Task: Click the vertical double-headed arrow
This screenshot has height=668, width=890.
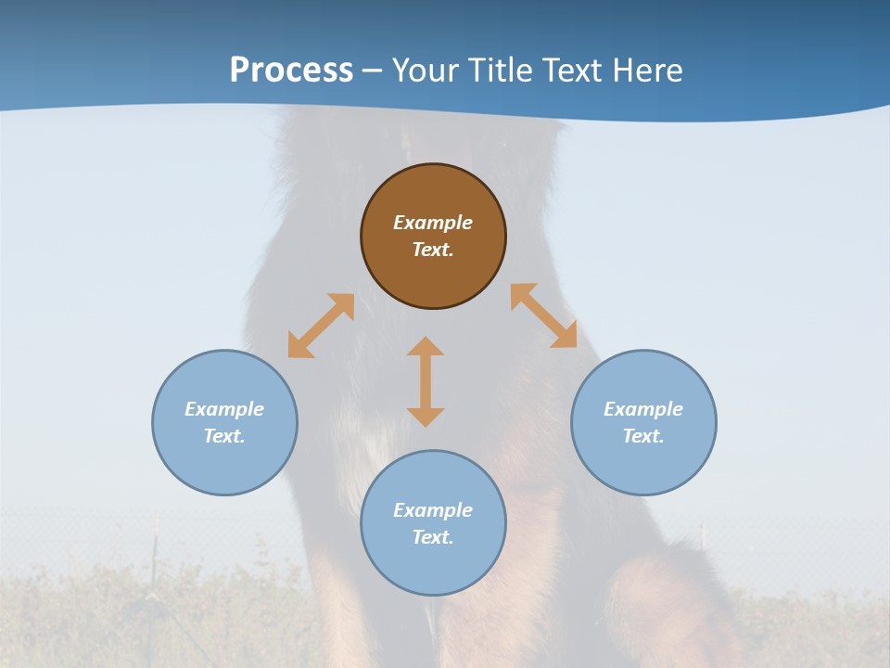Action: tap(426, 381)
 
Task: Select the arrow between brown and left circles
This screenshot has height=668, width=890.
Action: tap(321, 326)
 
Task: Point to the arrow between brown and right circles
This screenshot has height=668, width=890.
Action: tap(544, 315)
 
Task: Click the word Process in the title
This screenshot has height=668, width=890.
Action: tap(291, 71)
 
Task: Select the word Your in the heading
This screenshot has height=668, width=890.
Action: tap(426, 71)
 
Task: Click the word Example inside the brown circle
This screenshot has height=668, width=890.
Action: tap(433, 223)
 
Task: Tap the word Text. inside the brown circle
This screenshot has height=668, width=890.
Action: tap(433, 250)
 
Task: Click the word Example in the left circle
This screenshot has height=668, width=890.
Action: tap(224, 409)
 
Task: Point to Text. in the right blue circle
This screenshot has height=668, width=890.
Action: tap(643, 436)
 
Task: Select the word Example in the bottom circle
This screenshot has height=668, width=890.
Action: tap(433, 510)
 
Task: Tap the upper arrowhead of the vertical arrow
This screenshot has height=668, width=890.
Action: tap(426, 346)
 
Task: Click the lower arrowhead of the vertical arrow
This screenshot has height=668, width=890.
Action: tap(426, 417)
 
